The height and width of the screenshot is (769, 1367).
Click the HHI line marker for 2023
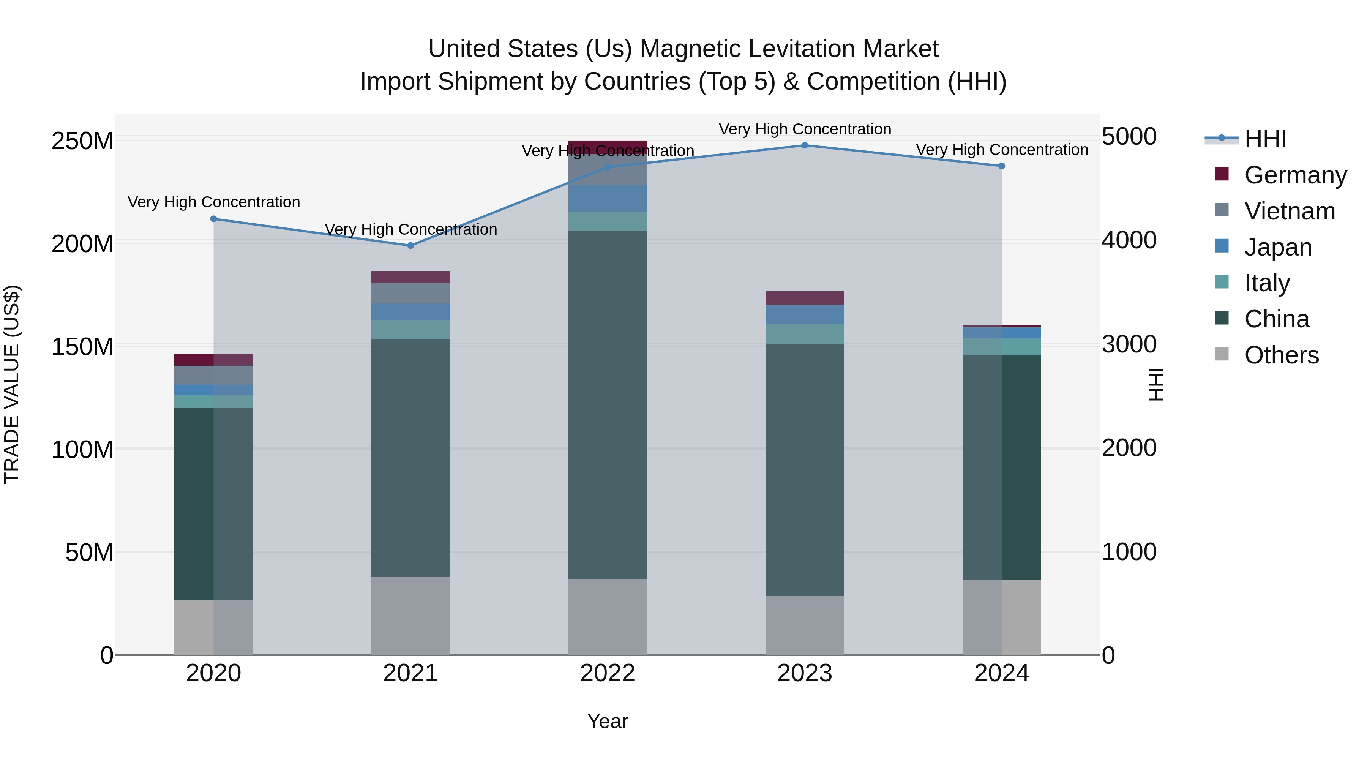[x=805, y=145]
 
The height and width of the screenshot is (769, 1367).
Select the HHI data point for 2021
[x=410, y=246]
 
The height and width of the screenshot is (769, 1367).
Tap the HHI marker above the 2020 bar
[x=214, y=219]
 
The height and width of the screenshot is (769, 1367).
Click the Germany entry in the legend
[x=1295, y=175]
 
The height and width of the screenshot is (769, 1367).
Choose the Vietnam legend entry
[x=1289, y=211]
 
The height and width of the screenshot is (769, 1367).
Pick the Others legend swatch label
[x=1281, y=355]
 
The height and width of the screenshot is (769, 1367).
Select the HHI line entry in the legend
[x=1265, y=139]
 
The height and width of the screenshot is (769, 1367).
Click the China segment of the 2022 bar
[x=608, y=403]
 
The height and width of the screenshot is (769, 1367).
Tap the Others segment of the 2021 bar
[x=410, y=616]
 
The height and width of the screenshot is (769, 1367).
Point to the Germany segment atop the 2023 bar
[x=805, y=298]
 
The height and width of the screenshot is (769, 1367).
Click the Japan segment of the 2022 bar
[x=608, y=198]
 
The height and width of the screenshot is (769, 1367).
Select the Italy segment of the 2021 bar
[x=410, y=330]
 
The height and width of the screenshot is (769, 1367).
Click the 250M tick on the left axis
[x=82, y=142]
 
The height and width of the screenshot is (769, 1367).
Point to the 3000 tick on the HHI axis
[x=1129, y=344]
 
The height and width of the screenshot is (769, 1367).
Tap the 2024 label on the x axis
[x=1001, y=673]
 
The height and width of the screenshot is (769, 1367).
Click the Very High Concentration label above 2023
[x=805, y=129]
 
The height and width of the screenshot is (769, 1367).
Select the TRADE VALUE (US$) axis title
[x=12, y=384]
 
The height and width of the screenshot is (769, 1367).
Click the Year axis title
[x=608, y=721]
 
